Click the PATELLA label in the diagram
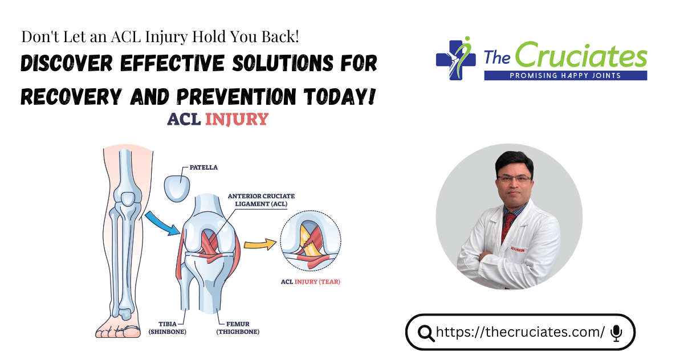pos(203,167)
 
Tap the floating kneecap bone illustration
pos(177,188)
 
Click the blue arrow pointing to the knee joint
pos(162,224)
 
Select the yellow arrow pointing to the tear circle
pos(260,244)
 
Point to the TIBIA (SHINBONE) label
pos(168,328)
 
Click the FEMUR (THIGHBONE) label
pos(238,328)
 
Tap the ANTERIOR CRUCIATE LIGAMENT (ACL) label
pos(261,200)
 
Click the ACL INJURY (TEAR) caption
pos(311,281)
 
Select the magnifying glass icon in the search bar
pos(426,333)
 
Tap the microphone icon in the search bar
pos(616,333)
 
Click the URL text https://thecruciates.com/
pos(520,332)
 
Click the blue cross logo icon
pos(455,59)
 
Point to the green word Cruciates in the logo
pos(581,55)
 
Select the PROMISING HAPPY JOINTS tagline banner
pos(565,76)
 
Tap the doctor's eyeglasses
pos(515,178)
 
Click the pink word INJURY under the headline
pos(237,119)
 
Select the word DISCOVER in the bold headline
pos(67,63)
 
